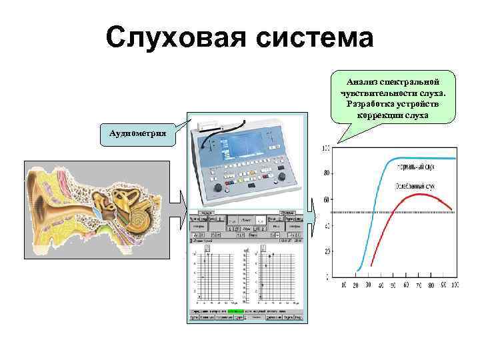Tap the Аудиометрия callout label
tap(137, 133)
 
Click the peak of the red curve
tap(418, 195)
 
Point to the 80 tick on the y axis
tap(325, 173)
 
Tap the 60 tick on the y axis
tap(325, 199)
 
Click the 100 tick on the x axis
tap(455, 285)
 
